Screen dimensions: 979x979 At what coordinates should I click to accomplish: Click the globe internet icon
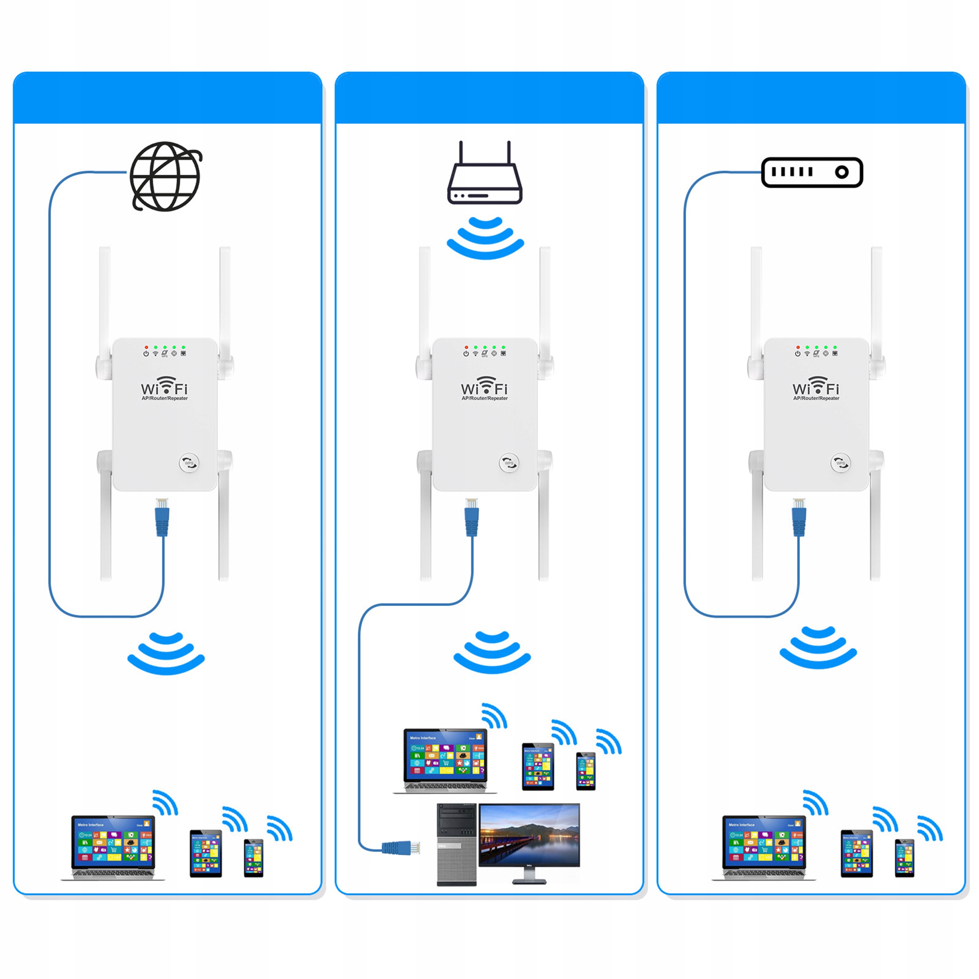coord(166,176)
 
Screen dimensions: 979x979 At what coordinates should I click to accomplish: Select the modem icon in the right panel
coord(812,172)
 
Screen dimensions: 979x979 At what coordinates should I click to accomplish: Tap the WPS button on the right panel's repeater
coord(840,462)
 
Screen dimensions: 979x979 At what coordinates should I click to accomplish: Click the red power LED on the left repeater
coord(146,348)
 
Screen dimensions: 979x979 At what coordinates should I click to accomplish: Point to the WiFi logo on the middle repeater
coord(484,386)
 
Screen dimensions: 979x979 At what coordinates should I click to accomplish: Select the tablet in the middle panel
coord(538,767)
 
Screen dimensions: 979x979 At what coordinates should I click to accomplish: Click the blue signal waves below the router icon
coord(485,238)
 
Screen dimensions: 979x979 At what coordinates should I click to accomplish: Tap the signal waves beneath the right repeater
coord(818,648)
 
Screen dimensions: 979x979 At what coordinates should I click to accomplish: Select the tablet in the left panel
coord(206,853)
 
